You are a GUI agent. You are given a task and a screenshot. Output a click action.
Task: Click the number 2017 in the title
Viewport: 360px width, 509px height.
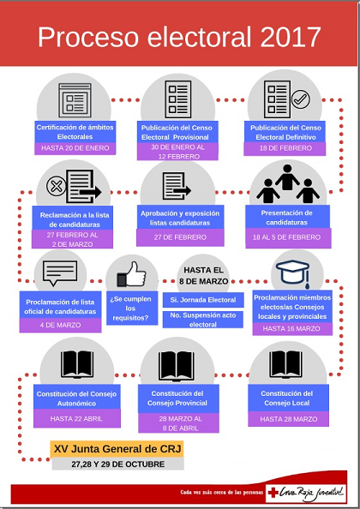[291, 37]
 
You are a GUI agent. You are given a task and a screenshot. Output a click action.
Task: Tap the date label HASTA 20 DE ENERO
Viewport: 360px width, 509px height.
[75, 148]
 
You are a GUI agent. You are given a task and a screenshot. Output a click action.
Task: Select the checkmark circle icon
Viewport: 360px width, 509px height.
[301, 99]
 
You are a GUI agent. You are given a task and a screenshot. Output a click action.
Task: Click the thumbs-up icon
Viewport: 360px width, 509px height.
[131, 274]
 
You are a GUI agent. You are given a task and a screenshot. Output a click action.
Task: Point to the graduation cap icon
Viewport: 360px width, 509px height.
[293, 272]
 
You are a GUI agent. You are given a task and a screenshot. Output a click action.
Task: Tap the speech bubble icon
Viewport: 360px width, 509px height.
[60, 272]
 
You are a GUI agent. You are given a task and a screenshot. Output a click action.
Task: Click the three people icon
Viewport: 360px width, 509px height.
[288, 183]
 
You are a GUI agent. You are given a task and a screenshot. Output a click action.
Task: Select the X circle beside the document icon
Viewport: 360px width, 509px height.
[57, 186]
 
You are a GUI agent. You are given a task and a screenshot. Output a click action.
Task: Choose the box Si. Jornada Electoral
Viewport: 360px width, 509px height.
[203, 300]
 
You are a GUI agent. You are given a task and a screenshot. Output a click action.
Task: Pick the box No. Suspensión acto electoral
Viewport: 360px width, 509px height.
[203, 320]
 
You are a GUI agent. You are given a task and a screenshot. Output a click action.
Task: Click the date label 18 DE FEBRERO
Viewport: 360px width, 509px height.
[285, 148]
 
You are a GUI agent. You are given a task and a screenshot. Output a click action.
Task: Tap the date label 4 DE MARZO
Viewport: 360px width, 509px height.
[60, 325]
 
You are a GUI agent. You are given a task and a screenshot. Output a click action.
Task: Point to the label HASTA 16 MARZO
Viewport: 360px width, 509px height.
[292, 328]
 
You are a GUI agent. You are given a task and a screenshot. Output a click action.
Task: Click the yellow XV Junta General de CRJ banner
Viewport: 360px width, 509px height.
[117, 449]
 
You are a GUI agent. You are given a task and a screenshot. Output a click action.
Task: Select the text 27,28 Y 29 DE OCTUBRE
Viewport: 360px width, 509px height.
[117, 464]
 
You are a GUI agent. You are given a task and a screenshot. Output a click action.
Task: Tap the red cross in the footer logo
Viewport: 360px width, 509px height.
[273, 493]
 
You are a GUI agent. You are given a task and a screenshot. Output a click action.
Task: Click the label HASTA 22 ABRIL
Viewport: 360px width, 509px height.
[76, 418]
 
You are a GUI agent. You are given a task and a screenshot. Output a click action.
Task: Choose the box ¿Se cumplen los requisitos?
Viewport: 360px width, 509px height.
[132, 308]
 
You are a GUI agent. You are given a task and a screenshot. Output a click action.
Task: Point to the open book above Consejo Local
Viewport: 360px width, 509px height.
[285, 364]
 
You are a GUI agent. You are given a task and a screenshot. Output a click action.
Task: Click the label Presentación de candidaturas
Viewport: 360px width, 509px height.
[287, 218]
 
